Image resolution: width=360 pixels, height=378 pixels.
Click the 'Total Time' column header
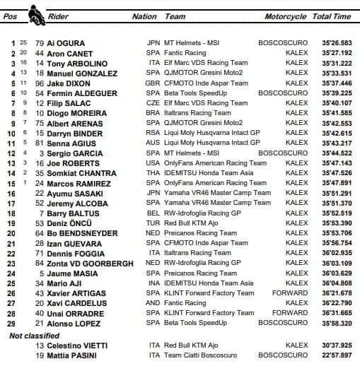[332, 16]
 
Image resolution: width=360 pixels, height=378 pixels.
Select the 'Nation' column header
[144, 16]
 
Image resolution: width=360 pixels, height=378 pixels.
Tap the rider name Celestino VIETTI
[77, 345]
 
